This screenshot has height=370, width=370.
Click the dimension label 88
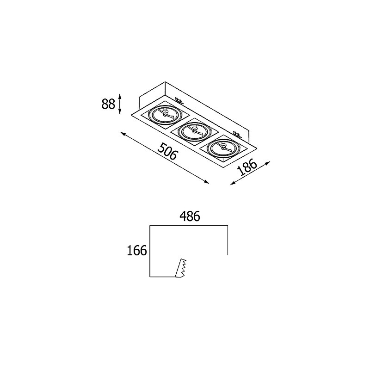pos(108,104)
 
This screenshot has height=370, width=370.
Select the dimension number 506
pos(167,151)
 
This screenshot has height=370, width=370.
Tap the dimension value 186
pos(247,167)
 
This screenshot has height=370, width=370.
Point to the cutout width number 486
pos(190,216)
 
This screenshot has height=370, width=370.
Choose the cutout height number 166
pos(137,250)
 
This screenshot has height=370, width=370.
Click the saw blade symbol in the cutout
pos(181,268)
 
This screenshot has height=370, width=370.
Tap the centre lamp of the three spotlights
pos(194,132)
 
